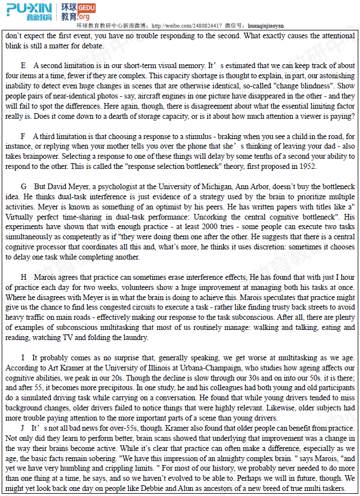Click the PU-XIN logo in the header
(29, 11)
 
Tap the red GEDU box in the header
(86, 7)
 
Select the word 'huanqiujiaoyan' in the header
(265, 26)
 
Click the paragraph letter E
(23, 66)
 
